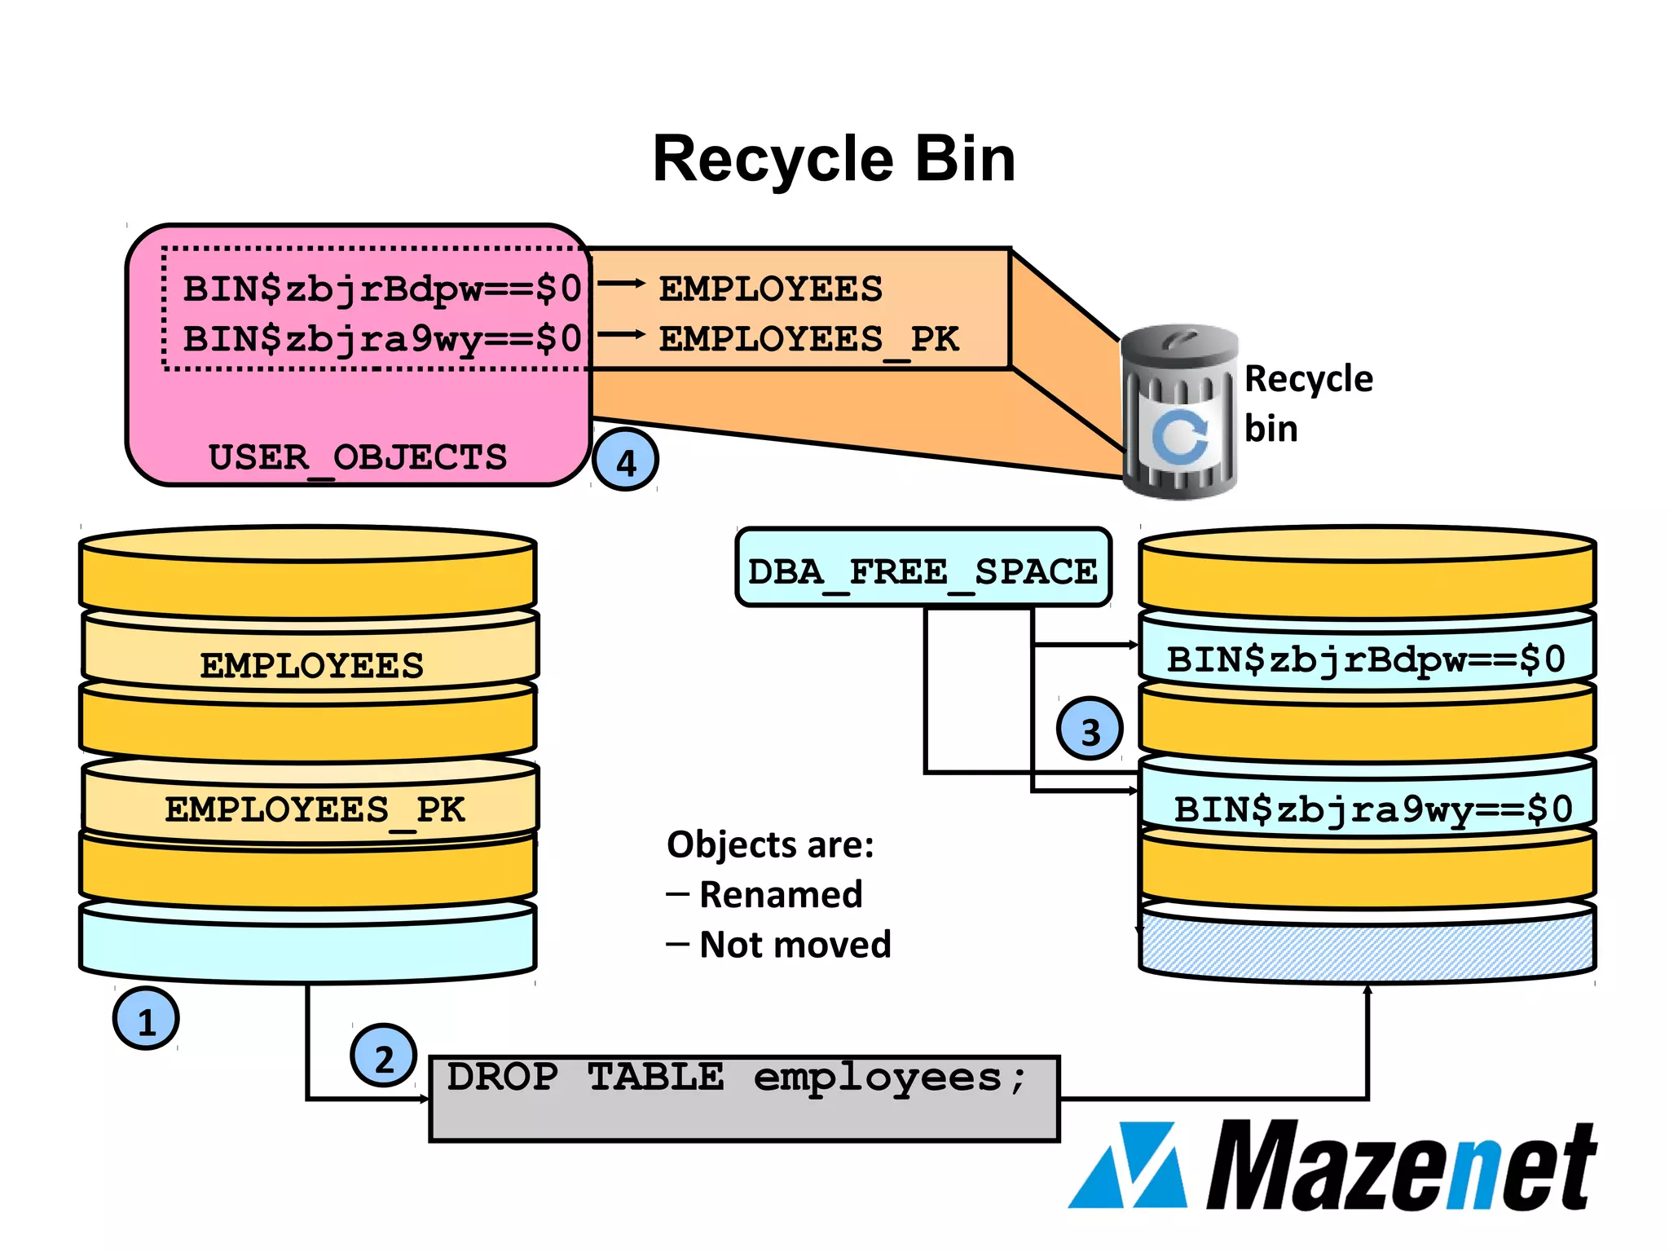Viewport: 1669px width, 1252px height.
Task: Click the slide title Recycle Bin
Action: (834, 158)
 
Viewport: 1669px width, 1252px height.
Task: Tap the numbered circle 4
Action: (625, 461)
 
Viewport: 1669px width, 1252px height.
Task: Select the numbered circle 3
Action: (1090, 730)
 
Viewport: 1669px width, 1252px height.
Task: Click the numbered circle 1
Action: (146, 1019)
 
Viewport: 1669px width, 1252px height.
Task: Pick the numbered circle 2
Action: (383, 1056)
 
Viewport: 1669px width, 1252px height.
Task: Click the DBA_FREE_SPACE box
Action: (923, 570)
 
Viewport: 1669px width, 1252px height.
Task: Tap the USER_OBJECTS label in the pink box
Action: (357, 457)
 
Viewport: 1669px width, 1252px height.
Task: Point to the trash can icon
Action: (1179, 412)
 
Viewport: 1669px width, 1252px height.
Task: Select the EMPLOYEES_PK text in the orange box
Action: (808, 339)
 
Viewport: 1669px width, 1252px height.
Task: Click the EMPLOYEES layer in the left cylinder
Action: (310, 664)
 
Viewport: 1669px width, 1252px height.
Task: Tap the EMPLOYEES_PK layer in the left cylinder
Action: (314, 809)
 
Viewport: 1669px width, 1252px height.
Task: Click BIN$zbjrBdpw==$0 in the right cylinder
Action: (1365, 659)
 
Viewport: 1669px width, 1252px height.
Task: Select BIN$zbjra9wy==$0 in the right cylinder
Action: (1372, 809)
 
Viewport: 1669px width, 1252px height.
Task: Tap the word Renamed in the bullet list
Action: (781, 894)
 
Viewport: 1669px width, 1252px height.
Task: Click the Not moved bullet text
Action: (795, 945)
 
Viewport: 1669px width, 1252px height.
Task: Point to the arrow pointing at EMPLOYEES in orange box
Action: (621, 284)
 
